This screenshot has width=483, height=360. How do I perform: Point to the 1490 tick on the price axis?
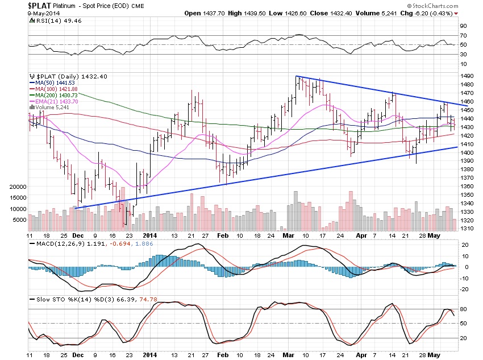[468, 76]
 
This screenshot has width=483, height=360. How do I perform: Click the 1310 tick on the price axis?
[468, 229]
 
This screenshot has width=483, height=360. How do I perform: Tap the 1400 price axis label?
[468, 152]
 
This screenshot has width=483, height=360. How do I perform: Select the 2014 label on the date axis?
[149, 234]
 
